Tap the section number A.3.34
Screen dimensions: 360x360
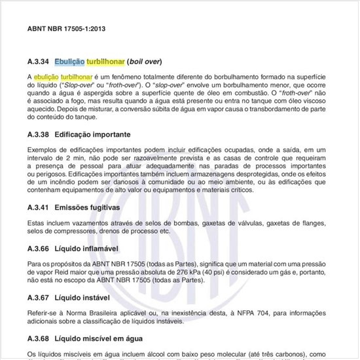point(38,62)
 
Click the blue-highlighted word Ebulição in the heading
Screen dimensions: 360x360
point(69,62)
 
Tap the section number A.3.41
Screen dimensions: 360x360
point(38,207)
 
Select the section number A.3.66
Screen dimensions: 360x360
point(38,249)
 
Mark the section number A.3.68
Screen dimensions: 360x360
point(38,339)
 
